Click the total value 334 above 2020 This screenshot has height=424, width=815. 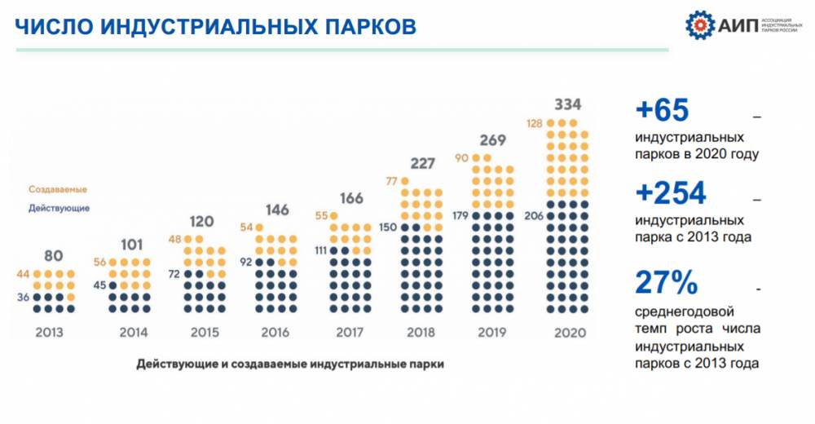pyautogui.click(x=567, y=105)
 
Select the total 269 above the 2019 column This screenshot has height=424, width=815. pyautogui.click(x=492, y=139)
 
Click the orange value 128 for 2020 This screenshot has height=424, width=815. pyautogui.click(x=535, y=123)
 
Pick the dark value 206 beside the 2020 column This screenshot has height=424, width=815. pyautogui.click(x=534, y=216)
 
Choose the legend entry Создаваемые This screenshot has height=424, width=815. pyautogui.click(x=57, y=189)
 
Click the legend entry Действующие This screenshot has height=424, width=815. pyautogui.click(x=59, y=208)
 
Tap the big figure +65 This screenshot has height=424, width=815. pyautogui.click(x=662, y=110)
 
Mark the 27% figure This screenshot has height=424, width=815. pyautogui.click(x=666, y=283)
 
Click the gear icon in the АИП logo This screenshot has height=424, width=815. pyautogui.click(x=698, y=24)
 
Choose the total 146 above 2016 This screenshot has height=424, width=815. pyautogui.click(x=277, y=210)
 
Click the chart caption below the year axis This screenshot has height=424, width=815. pyautogui.click(x=289, y=364)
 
